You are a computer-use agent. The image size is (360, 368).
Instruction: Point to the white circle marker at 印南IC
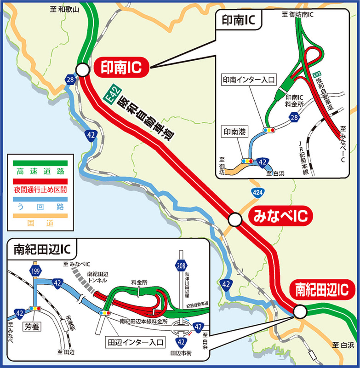82,69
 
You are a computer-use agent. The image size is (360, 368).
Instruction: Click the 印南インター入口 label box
248,80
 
